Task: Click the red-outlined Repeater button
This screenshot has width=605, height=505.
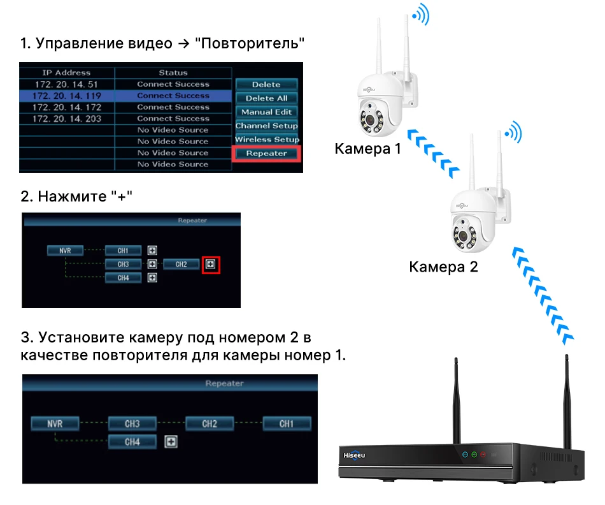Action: click(x=266, y=153)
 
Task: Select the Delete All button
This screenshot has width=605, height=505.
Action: click(x=266, y=98)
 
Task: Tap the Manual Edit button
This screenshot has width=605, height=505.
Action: click(x=266, y=112)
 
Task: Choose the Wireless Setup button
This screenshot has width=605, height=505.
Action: click(x=266, y=139)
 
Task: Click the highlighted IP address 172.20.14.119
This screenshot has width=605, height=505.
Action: click(x=66, y=96)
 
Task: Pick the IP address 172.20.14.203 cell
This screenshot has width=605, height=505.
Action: click(x=66, y=119)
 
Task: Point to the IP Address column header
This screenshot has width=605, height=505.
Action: click(x=66, y=73)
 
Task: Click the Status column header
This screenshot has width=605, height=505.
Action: click(x=173, y=73)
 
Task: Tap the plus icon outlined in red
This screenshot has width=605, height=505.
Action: click(x=211, y=264)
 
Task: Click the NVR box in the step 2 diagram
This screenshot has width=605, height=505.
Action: click(x=65, y=251)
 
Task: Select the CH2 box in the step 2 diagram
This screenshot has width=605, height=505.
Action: click(x=181, y=264)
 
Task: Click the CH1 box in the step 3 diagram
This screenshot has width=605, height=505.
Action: click(x=287, y=423)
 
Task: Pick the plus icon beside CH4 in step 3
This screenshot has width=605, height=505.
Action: click(x=171, y=441)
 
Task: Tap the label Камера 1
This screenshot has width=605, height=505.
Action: click(x=368, y=149)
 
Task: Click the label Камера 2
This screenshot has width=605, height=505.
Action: click(x=443, y=267)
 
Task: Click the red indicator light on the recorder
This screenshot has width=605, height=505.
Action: click(x=483, y=455)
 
